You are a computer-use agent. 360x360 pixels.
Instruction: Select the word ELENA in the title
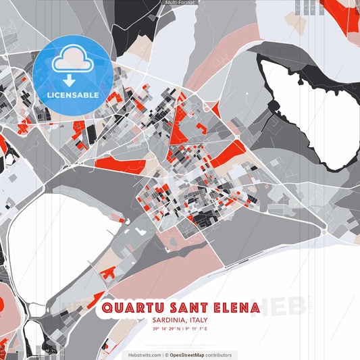(x=234, y=308)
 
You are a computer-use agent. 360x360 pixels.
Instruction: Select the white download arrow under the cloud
(x=69, y=80)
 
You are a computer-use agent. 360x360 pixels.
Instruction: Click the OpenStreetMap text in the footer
(x=192, y=355)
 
